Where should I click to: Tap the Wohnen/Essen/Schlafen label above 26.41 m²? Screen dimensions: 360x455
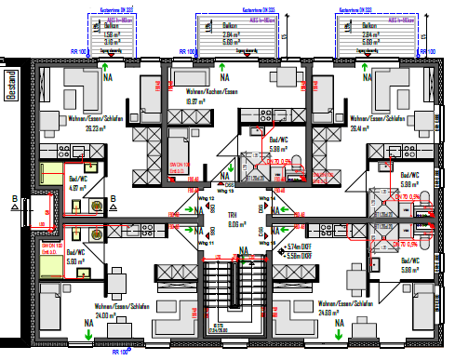click(x=374, y=119)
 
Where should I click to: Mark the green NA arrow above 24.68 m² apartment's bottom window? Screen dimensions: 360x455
click(x=341, y=325)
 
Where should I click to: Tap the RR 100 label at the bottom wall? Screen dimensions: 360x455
click(x=119, y=353)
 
